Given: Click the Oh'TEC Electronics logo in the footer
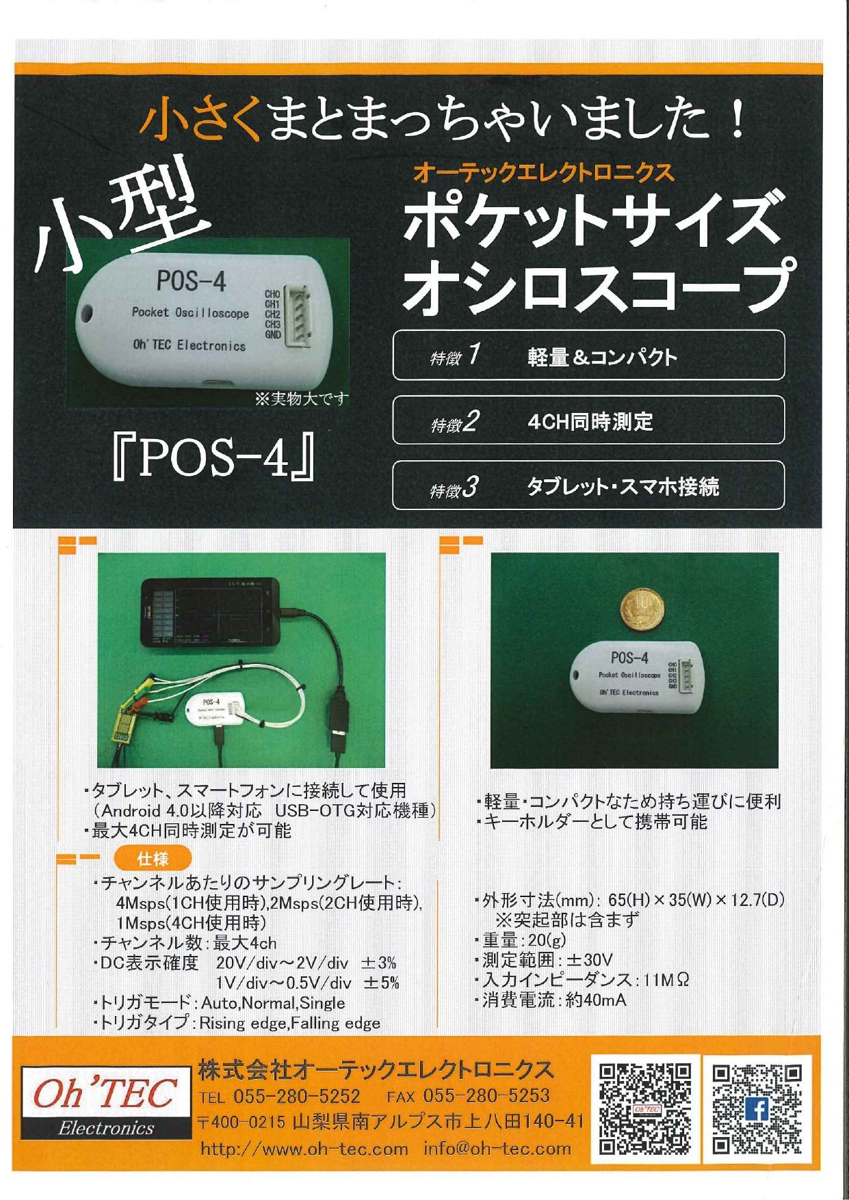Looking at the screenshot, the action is pyautogui.click(x=105, y=1102).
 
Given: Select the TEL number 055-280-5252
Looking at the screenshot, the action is pyautogui.click(x=297, y=1097).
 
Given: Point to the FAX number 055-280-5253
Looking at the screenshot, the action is pyautogui.click(x=486, y=1096).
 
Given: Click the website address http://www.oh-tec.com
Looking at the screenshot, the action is pyautogui.click(x=304, y=1149).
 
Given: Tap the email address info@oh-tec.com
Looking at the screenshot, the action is pyautogui.click(x=497, y=1149).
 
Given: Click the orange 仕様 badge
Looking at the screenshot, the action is pyautogui.click(x=153, y=858).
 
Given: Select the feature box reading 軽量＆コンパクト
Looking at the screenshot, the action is pyautogui.click(x=588, y=356).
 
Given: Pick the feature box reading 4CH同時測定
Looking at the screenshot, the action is pyautogui.click(x=588, y=421).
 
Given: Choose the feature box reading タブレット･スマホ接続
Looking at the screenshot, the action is pyautogui.click(x=588, y=485).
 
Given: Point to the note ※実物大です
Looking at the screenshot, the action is pyautogui.click(x=301, y=399).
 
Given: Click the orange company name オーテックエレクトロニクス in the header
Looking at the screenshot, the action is pyautogui.click(x=544, y=173).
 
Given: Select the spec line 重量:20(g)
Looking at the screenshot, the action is pyautogui.click(x=523, y=941).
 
